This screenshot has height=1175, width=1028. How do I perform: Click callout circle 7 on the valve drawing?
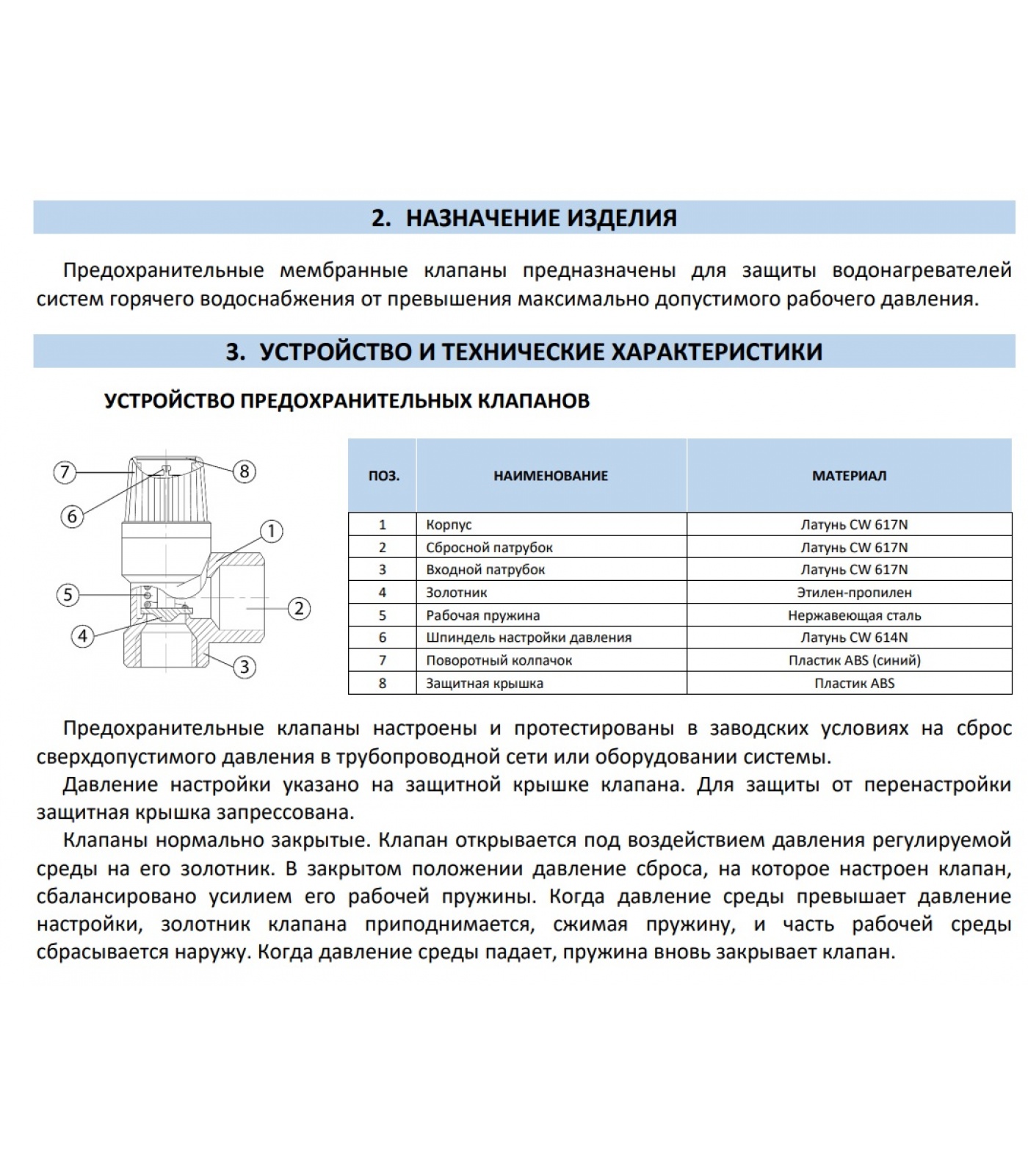65,471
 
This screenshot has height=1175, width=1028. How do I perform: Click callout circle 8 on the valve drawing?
245,471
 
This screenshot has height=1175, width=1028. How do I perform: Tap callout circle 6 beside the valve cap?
72,516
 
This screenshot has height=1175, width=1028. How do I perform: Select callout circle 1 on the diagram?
272,531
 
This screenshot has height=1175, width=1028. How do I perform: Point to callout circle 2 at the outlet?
299,608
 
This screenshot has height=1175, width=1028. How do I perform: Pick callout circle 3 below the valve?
244,667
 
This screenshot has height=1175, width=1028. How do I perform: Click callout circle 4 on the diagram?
82,636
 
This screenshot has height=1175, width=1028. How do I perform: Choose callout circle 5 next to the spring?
68,594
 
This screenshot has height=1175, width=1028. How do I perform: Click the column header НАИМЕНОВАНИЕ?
551,476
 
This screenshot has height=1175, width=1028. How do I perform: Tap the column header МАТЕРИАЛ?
849,476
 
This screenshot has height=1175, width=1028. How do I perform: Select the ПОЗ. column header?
383,476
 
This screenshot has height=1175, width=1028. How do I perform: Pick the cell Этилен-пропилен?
854,593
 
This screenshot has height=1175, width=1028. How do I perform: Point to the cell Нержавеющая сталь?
854,615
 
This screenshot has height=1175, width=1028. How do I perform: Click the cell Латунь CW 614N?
854,637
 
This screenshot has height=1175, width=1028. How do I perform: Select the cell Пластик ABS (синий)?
854,660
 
